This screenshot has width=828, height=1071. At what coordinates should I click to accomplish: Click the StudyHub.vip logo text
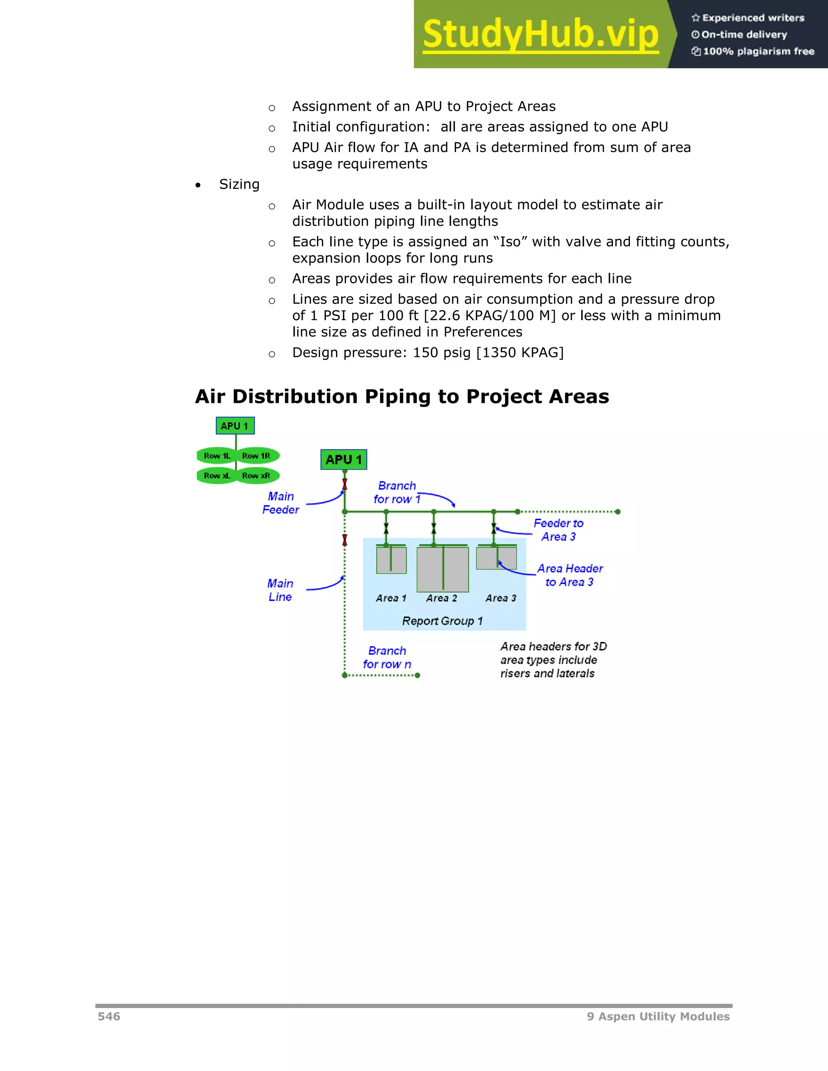(540, 34)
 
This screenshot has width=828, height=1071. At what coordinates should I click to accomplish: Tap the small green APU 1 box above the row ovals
(235, 426)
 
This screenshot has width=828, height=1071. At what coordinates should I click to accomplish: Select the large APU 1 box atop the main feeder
(343, 460)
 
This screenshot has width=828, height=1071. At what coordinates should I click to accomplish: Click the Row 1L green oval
(217, 455)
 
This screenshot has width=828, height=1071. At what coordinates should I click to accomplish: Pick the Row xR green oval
(257, 476)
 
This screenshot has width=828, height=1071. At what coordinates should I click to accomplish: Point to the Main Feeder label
(281, 503)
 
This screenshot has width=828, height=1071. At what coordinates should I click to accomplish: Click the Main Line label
(280, 590)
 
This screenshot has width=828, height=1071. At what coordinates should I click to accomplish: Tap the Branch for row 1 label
(396, 492)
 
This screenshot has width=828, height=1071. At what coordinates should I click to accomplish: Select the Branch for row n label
(387, 657)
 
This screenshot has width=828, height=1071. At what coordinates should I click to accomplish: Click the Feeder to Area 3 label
(558, 529)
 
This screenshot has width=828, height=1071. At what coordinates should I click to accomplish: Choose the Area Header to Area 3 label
(570, 575)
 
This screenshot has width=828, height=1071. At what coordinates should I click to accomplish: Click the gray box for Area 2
(442, 569)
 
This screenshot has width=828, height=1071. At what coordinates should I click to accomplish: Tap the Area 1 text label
(391, 598)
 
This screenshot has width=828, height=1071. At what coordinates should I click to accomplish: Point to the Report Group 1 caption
(442, 621)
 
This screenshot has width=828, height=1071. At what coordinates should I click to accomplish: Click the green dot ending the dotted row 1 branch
(618, 512)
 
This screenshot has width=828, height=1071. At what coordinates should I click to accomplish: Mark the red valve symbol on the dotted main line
(344, 540)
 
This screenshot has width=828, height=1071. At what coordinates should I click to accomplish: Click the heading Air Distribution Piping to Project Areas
(402, 396)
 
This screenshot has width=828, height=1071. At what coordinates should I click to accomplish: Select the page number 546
(109, 1016)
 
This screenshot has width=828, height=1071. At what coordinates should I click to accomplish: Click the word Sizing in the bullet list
(239, 184)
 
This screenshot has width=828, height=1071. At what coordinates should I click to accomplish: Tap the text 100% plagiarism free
(758, 51)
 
